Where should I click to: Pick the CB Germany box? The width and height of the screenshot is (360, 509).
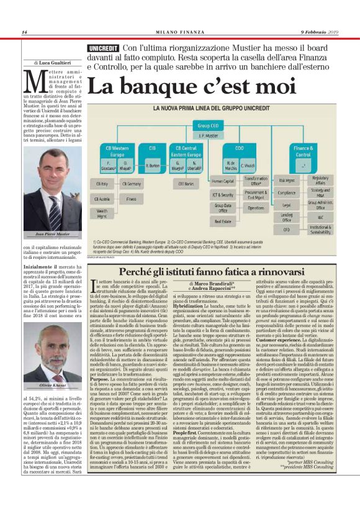click(131, 184)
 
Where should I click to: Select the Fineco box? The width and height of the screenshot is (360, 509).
click(131, 199)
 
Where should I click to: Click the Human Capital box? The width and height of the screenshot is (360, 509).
click(222, 181)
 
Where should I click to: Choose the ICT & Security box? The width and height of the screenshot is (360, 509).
click(222, 194)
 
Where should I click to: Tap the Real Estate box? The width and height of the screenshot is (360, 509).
click(222, 221)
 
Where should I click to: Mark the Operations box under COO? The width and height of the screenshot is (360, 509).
click(256, 208)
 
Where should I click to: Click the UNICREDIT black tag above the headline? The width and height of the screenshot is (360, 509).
click(103, 48)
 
